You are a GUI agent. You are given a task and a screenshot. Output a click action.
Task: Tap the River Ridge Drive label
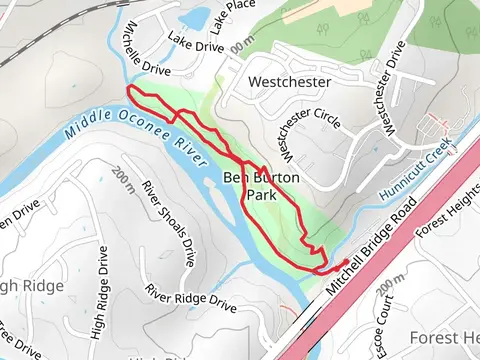click(x=191, y=297)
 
